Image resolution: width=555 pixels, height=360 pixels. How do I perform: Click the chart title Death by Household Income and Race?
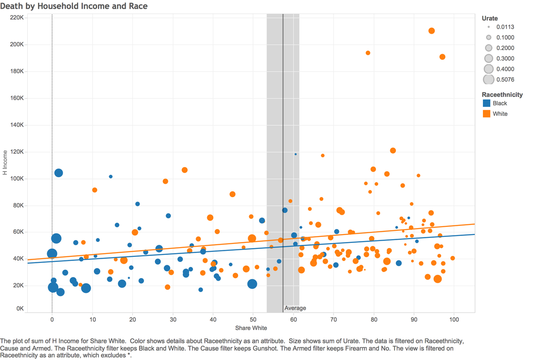tap(74, 6)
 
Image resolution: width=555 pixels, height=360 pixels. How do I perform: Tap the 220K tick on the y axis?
tap(17, 18)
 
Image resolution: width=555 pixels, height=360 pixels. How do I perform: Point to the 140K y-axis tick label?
tap(17, 125)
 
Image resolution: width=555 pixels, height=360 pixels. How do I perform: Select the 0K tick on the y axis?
tap(20, 309)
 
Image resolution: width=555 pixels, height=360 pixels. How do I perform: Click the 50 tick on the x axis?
tap(253, 319)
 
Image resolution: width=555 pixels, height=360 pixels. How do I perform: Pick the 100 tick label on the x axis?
tap(454, 319)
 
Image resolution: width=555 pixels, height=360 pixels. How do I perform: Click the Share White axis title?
tap(251, 328)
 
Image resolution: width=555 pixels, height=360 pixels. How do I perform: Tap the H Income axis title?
tap(5, 162)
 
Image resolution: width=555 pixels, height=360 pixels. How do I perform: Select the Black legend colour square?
tap(487, 103)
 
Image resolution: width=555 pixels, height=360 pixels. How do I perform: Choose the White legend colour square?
tap(487, 113)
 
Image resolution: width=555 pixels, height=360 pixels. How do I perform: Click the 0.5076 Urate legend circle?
tap(488, 80)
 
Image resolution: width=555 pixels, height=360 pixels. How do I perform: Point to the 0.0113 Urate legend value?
tap(505, 27)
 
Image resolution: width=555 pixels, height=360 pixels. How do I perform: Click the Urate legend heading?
tap(490, 19)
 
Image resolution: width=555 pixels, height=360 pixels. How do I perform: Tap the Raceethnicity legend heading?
tap(502, 95)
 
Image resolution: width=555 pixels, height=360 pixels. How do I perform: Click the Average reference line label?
tap(295, 308)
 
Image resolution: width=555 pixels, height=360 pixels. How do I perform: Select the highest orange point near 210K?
tap(432, 31)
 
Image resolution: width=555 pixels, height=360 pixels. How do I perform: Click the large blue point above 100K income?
tap(58, 173)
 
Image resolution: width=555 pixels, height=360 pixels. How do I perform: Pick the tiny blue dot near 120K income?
tap(296, 154)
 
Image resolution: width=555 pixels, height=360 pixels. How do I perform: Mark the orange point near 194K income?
tap(368, 53)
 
